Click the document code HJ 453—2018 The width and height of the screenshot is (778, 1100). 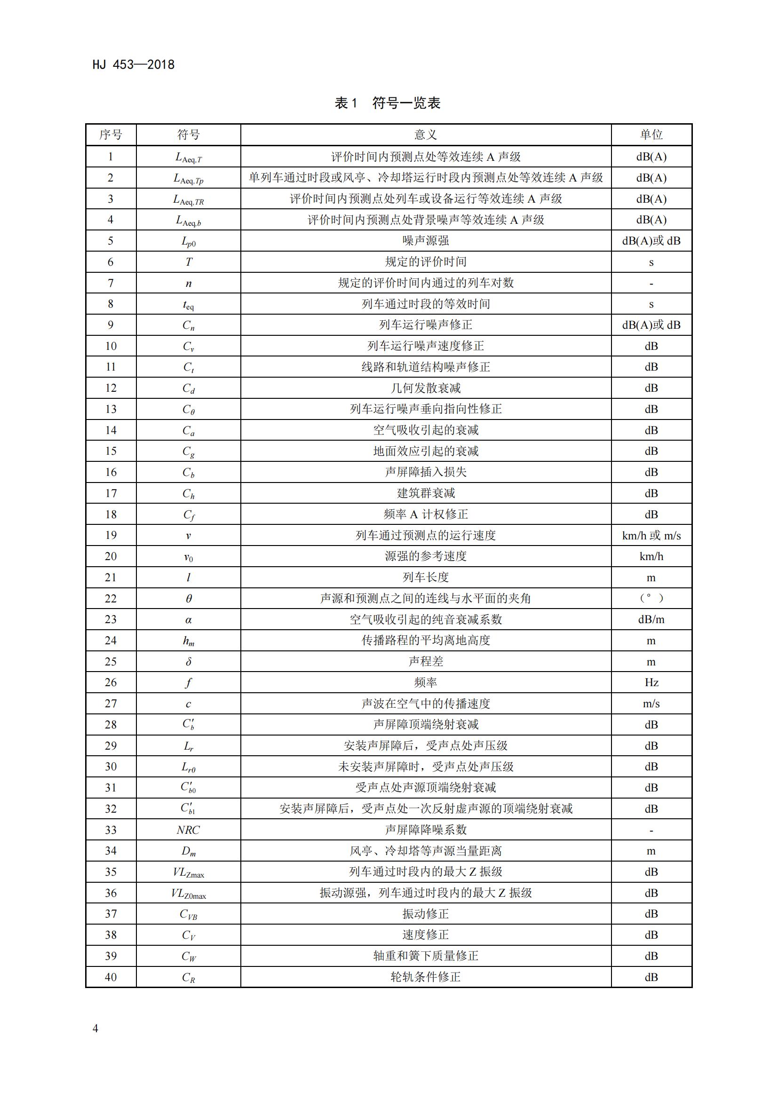133,65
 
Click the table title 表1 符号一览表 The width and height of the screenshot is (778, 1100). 388,103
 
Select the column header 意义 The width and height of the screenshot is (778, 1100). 425,135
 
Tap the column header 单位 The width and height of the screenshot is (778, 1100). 651,135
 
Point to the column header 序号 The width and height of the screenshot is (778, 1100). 111,135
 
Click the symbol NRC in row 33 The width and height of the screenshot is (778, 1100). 188,830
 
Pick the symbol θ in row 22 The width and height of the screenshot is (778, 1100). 188,598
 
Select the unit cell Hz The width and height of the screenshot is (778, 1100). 651,682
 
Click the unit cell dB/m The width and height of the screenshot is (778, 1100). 651,619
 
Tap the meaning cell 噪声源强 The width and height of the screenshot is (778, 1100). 425,240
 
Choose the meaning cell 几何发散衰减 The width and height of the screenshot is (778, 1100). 425,388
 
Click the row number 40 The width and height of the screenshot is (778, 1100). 111,977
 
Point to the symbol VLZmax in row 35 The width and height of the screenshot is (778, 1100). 188,872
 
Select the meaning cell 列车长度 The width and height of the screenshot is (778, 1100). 425,578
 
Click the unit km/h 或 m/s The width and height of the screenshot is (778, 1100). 651,535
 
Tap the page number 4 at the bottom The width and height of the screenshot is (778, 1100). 95,1028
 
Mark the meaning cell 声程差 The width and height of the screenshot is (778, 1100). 425,661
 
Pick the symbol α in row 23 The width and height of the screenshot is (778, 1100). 188,620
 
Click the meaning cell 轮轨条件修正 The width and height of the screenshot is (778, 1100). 425,977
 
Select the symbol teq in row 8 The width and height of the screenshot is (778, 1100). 188,305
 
